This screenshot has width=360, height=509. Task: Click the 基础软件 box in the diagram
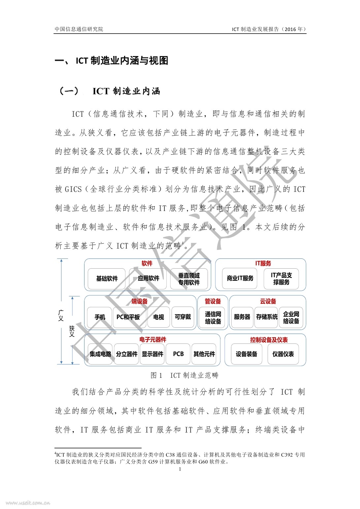coord(107,279)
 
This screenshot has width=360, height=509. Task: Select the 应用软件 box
coord(148,279)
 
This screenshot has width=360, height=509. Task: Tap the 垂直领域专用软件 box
coord(189,279)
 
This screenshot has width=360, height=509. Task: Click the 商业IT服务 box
coord(240,279)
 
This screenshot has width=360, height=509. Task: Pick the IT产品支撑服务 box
coord(281,279)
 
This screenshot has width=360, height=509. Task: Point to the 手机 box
coord(100,317)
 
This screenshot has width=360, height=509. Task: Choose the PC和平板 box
coord(128,317)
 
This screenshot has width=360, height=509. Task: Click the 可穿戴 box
coord(182,317)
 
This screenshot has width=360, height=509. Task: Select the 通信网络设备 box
coord(213,318)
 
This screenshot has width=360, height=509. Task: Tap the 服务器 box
coord(242,317)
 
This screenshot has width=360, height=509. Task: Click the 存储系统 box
coord(267,317)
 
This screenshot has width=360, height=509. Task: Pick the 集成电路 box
coord(100,354)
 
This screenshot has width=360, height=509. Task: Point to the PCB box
coord(178,354)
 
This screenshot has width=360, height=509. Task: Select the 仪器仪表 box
coord(283,354)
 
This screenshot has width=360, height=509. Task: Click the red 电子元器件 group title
coord(153,340)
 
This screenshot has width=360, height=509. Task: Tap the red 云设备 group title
coord(268,301)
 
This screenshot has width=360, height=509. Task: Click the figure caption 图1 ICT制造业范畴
coord(184,375)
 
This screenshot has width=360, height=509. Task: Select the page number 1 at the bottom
coord(180,469)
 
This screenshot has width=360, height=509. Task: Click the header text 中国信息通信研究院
coord(79,29)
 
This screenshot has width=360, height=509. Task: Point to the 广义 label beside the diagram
coord(61,315)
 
